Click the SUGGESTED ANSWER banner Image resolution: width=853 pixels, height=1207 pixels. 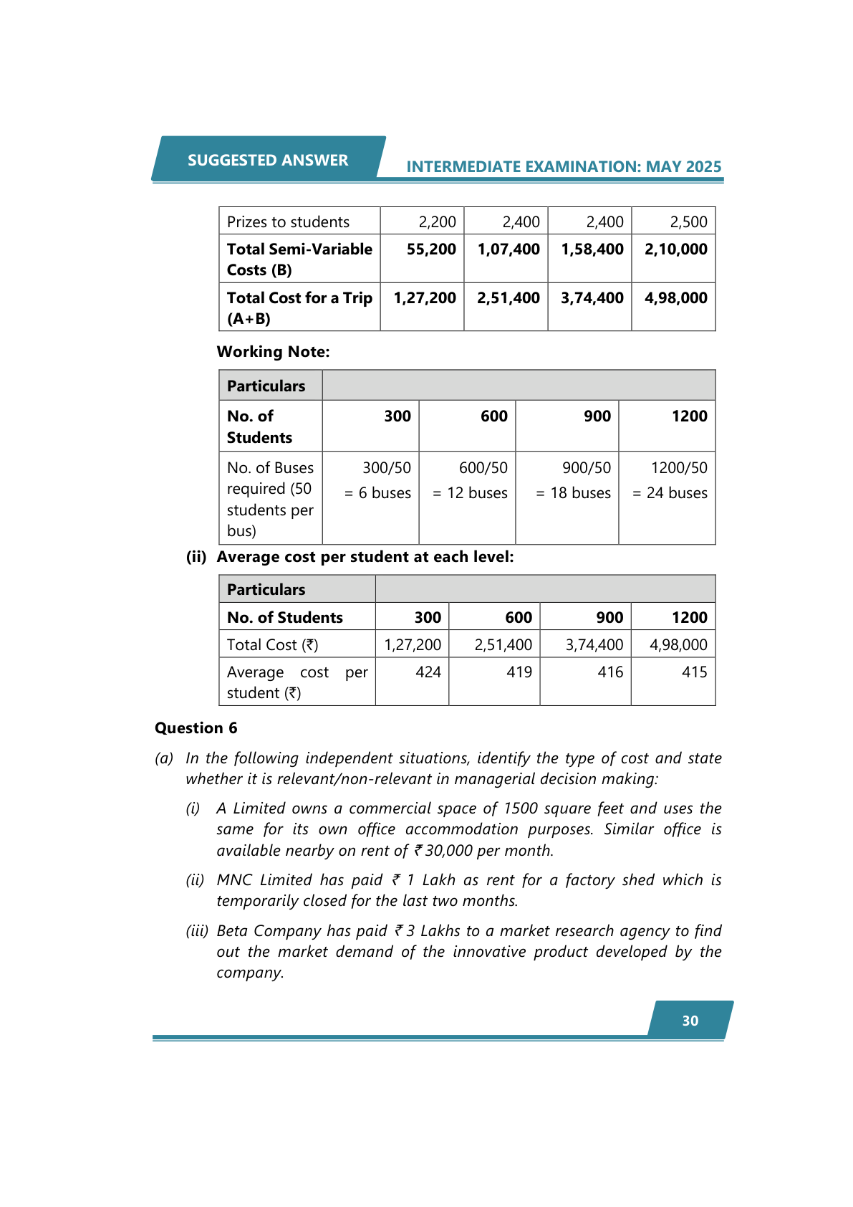[268, 160]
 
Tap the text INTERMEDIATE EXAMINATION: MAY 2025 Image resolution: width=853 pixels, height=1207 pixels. [564, 167]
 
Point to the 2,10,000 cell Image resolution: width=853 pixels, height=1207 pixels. [675, 249]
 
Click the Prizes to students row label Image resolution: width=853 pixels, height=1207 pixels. [288, 222]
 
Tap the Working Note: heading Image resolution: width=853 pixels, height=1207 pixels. [273, 352]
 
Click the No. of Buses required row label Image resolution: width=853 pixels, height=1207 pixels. [270, 499]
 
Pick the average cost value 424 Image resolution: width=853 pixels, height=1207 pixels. [428, 672]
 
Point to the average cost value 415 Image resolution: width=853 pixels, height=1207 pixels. [694, 672]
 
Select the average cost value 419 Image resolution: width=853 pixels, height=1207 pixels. [519, 672]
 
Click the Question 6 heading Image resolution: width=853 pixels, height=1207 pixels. [196, 728]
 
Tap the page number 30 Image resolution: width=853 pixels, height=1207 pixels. [690, 1021]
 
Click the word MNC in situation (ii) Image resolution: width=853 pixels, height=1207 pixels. [234, 880]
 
